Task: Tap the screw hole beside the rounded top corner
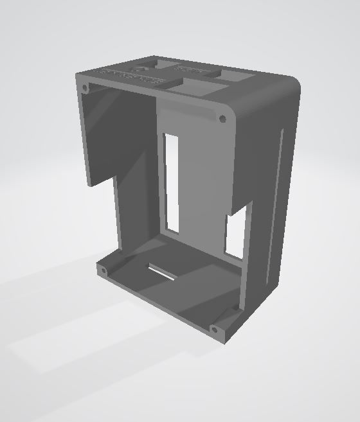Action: click(x=222, y=119)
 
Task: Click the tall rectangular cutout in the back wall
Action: click(x=172, y=182)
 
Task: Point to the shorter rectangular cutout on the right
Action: click(x=235, y=236)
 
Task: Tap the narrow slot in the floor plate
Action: click(x=163, y=272)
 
